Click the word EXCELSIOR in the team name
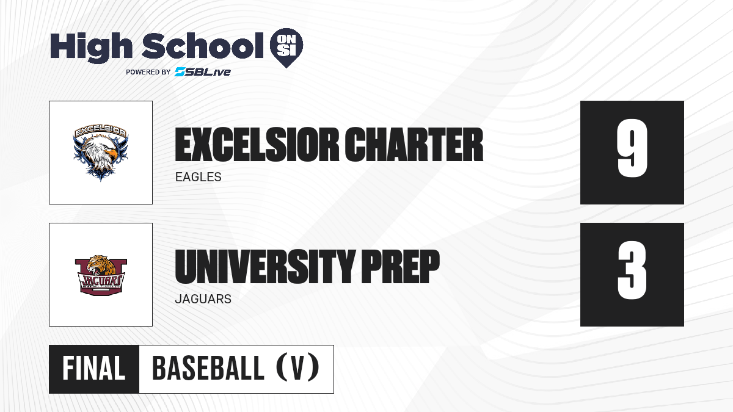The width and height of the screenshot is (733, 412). [257, 145]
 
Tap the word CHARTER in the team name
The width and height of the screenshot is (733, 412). [414, 145]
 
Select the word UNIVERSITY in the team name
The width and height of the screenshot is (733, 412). [265, 267]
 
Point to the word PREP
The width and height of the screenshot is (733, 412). [400, 267]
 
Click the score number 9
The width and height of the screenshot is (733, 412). [632, 148]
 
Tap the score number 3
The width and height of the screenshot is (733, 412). [632, 270]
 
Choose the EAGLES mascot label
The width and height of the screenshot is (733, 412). [199, 177]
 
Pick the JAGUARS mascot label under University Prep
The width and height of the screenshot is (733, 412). [203, 299]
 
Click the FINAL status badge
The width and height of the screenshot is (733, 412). [94, 369]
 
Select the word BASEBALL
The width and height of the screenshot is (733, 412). [208, 368]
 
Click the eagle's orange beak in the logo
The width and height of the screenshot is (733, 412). [112, 153]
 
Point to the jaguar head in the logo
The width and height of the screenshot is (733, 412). [101, 265]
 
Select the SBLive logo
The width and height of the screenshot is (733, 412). [202, 72]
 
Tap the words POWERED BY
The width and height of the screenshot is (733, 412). [148, 72]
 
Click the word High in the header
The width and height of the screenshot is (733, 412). [92, 47]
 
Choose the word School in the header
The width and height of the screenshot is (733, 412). [203, 45]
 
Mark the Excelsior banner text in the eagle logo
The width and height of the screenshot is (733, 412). [100, 131]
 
